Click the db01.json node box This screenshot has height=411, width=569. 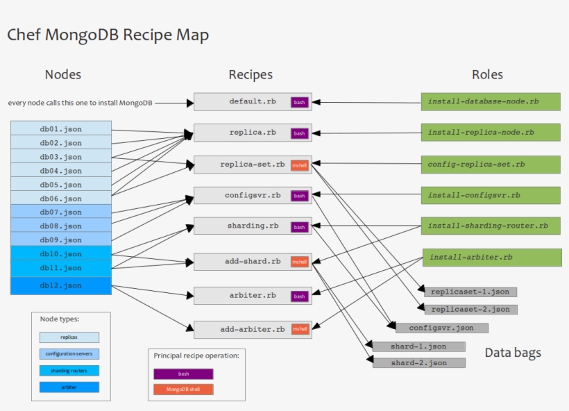click(61, 128)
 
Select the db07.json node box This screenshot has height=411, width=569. click(61, 212)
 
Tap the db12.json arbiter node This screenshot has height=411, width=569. click(61, 285)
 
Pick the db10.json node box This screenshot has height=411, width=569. click(61, 254)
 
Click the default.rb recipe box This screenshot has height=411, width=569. click(253, 101)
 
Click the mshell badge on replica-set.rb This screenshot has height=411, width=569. click(299, 165)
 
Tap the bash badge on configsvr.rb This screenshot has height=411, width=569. click(299, 196)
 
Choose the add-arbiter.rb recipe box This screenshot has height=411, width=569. click(253, 329)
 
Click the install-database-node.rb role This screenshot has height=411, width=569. click(490, 101)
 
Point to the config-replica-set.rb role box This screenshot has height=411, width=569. click(490, 165)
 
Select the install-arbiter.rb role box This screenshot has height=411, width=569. click(491, 258)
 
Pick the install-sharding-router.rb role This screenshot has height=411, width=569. click(490, 226)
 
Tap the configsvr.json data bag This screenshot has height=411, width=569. click(441, 328)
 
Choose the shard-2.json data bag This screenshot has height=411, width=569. click(418, 363)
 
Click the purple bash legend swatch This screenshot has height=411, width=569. click(183, 374)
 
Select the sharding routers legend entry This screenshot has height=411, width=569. click(69, 370)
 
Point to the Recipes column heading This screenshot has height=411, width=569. click(250, 75)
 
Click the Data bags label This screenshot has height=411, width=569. click(512, 353)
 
